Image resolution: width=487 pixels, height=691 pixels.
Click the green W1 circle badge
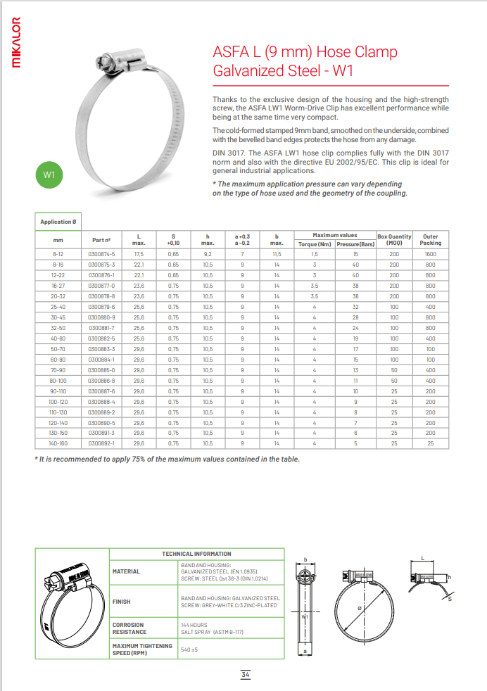pos(49,175)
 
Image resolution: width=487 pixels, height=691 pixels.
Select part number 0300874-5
pos(102,253)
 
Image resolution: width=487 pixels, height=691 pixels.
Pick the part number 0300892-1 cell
pos(102,444)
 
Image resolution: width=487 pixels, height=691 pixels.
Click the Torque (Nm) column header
pos(315,243)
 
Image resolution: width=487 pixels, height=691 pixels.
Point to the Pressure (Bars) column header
pos(355,243)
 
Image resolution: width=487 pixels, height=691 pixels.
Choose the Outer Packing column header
pos(431,239)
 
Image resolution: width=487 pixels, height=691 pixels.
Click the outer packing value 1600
pos(431,253)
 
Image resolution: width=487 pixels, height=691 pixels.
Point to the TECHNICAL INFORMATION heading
pos(196,554)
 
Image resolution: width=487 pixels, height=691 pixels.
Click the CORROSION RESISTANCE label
pos(129,628)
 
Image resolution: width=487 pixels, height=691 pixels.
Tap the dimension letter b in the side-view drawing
pos(305,561)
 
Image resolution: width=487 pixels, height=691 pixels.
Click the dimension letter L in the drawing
pos(422,557)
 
